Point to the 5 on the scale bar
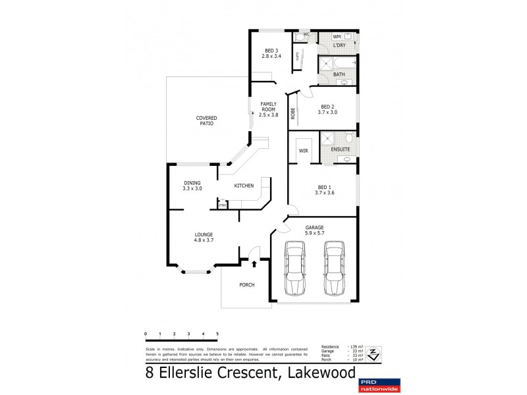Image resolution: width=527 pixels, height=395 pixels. [x=217, y=335]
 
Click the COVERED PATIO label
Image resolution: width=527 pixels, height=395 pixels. [x=206, y=120]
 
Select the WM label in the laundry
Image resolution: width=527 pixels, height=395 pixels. [x=337, y=37]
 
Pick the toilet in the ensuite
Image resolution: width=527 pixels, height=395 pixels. [x=348, y=139]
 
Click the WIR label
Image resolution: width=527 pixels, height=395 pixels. [x=304, y=151]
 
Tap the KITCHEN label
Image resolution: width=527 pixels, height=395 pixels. [x=244, y=186]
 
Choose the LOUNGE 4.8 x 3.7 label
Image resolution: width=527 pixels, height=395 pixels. [x=204, y=238]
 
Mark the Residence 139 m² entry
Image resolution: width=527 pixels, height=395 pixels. [x=338, y=346]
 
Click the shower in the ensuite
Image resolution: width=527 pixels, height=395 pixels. [x=327, y=139]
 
